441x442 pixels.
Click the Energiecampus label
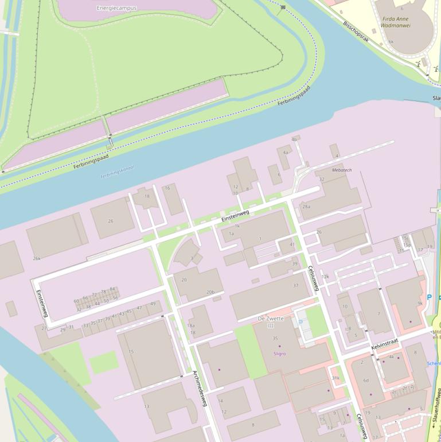117,9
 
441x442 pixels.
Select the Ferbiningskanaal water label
116,170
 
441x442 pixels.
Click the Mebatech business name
341,170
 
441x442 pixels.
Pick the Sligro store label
279,354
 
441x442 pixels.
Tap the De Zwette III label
271,321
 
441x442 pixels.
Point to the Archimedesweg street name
199,389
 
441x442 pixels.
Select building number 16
167,188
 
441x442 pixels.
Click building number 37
296,285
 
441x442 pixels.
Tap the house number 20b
210,292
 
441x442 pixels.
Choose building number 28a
306,207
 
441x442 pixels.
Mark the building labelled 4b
294,139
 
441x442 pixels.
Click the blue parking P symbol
429,297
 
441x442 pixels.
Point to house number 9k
420,303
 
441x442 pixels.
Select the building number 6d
365,381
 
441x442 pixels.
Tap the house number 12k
325,277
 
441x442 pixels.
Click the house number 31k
335,378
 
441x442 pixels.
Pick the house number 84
112,289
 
